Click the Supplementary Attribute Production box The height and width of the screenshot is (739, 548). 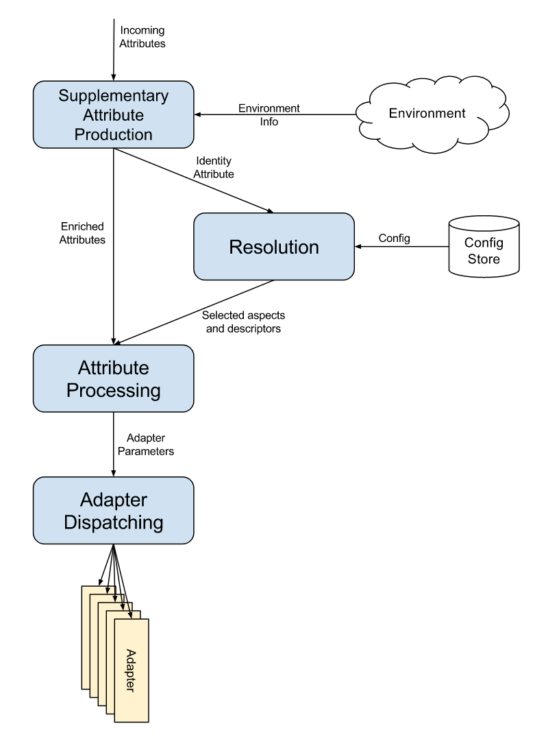tap(113, 114)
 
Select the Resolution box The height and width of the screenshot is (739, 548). tap(274, 246)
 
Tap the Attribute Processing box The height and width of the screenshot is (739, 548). tap(113, 378)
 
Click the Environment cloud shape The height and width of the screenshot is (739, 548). tap(427, 113)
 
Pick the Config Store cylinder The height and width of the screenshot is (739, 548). tap(483, 247)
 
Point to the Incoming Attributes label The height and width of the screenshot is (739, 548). tap(142, 37)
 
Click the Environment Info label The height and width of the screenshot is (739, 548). tap(269, 114)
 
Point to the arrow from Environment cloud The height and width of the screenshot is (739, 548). tap(274, 114)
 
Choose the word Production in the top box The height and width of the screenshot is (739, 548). tap(113, 134)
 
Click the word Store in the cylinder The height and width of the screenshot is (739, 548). tap(482, 259)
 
